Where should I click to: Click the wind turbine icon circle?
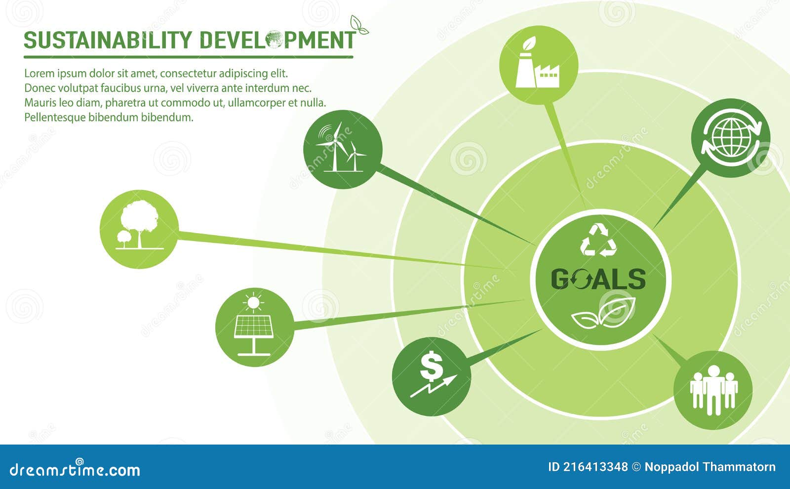tap(343, 149)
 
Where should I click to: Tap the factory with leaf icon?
tap(538, 65)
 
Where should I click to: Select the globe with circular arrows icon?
tap(730, 138)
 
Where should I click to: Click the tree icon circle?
tap(139, 229)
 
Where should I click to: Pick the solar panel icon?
tap(254, 327)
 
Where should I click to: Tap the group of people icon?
tap(713, 390)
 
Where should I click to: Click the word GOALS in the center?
tap(598, 280)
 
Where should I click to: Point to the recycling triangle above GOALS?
tap(598, 241)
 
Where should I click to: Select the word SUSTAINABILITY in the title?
tap(108, 40)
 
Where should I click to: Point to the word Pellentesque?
tap(55, 118)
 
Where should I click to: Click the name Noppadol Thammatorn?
tap(710, 467)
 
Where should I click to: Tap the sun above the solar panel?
tap(253, 301)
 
